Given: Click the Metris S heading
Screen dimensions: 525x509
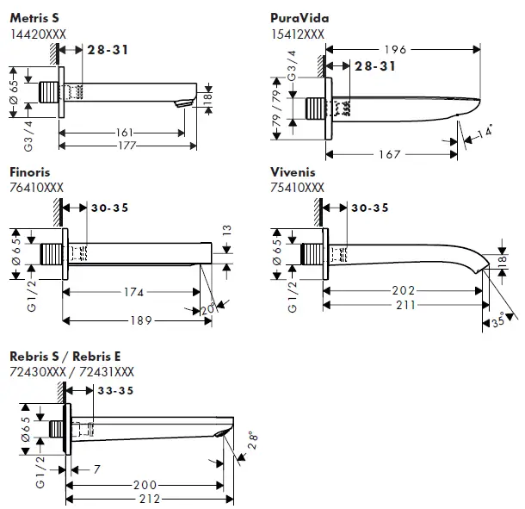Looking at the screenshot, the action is (34, 18).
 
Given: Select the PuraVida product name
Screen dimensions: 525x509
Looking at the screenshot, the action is (300, 18).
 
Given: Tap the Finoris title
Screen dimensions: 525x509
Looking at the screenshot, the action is (30, 172).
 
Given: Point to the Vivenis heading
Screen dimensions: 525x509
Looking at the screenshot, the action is (293, 172).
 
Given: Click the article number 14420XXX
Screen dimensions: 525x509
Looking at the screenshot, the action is (38, 34).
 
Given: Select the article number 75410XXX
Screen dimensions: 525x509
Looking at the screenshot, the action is (297, 188).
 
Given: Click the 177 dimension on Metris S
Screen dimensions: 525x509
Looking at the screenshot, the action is (127, 146).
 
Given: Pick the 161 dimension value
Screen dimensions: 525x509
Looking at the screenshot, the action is (124, 133).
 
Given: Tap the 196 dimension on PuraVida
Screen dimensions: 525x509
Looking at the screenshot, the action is (395, 50).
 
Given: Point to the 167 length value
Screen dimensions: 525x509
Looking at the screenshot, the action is (389, 154).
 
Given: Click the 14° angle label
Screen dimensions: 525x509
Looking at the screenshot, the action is (485, 131).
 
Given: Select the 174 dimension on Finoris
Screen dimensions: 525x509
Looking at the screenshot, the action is (133, 292).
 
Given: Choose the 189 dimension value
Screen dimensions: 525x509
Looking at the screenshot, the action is (141, 320).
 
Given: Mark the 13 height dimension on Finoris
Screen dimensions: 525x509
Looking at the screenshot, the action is (226, 230).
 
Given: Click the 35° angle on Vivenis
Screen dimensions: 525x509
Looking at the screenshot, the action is (498, 321).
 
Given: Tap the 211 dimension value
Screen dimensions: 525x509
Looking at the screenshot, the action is (406, 305).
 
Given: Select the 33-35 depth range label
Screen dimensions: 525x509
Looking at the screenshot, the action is (115, 390).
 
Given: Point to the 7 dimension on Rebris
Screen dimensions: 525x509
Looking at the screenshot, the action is (96, 469).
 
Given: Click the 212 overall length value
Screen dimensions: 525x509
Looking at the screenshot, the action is (150, 500).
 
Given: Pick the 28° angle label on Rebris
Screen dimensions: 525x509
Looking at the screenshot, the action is (253, 440).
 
